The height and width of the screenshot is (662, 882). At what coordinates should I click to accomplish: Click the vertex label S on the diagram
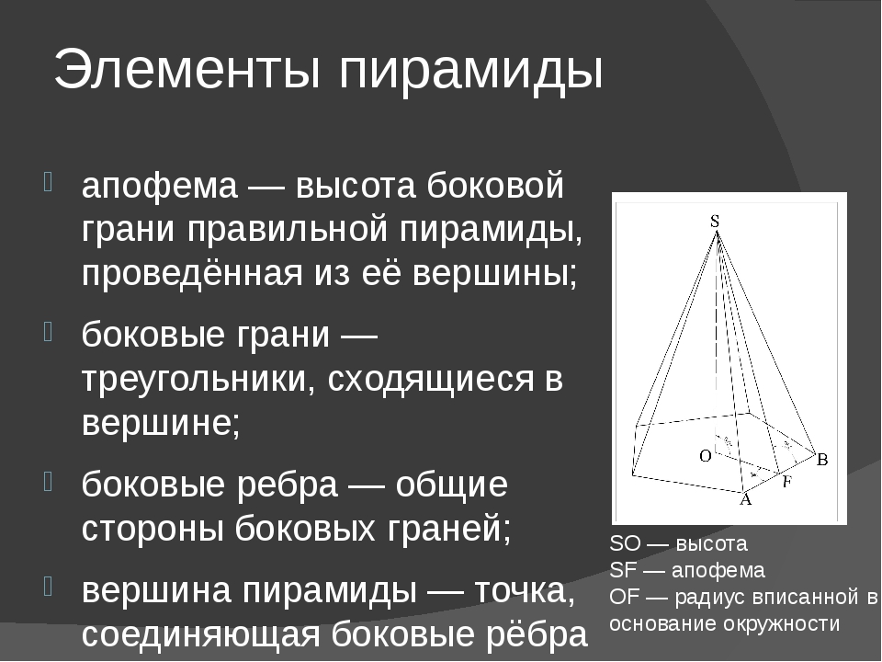[x=714, y=221]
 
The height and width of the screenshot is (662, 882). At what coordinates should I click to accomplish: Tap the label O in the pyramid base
[x=705, y=455]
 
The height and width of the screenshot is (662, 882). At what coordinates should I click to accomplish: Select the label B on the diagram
[x=822, y=459]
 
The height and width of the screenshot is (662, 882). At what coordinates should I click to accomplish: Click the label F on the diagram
[x=786, y=481]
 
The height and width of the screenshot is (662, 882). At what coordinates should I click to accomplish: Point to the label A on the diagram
[x=745, y=500]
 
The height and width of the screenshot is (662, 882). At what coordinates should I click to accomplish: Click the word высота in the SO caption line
[x=711, y=542]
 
